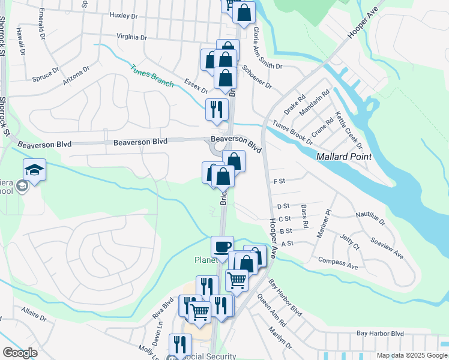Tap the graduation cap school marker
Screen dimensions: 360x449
35,170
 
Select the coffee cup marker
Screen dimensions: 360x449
222,247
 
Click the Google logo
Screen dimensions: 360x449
20,353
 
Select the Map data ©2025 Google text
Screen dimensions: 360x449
411,355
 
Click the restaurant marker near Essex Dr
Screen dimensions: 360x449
217,109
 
